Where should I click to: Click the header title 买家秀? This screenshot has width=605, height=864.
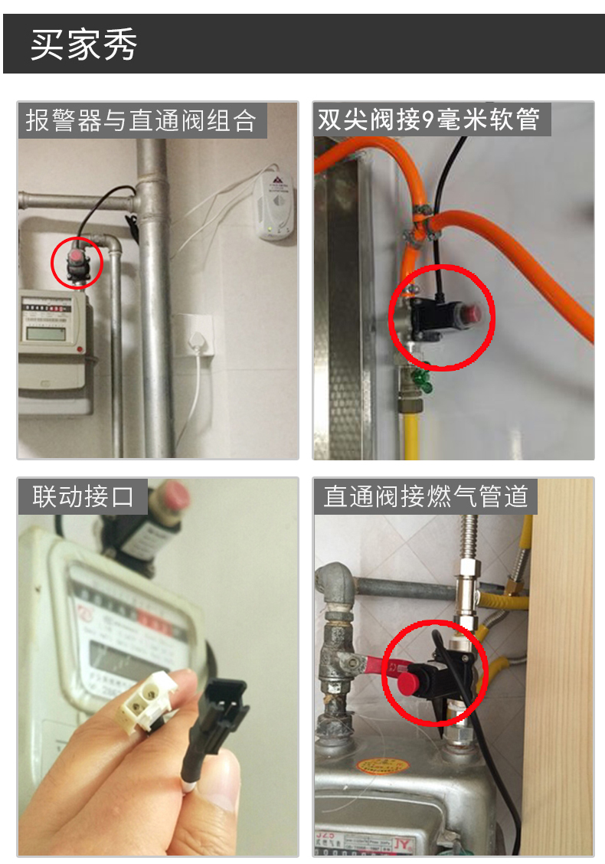coord(84,46)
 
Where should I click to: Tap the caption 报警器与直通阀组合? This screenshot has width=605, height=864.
coord(142,121)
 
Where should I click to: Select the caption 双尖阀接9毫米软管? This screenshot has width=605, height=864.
coord(430,119)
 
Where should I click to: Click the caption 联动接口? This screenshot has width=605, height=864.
coord(83,496)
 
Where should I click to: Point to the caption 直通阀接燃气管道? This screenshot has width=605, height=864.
coord(426,496)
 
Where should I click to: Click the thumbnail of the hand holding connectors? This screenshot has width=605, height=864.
coord(158,666)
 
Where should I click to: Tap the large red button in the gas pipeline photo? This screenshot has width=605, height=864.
coord(414,682)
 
